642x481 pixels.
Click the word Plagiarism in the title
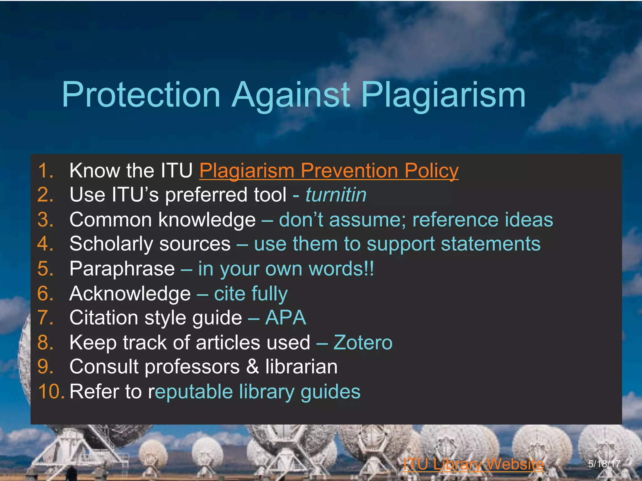click(443, 95)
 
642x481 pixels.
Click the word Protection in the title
click(141, 95)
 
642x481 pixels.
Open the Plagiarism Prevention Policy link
click(329, 171)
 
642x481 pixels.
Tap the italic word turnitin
click(336, 195)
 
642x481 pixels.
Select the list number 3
click(45, 220)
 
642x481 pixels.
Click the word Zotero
click(363, 342)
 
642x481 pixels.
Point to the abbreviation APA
click(286, 318)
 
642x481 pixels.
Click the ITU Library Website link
click(473, 464)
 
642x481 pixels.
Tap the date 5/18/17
click(604, 464)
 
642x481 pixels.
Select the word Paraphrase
click(122, 269)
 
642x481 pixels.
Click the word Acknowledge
click(130, 294)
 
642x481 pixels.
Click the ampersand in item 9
click(253, 367)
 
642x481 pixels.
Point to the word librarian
click(301, 367)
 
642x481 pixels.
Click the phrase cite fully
click(250, 294)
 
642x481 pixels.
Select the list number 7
click(45, 318)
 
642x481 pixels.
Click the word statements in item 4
click(491, 244)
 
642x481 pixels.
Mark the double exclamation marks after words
click(370, 269)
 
